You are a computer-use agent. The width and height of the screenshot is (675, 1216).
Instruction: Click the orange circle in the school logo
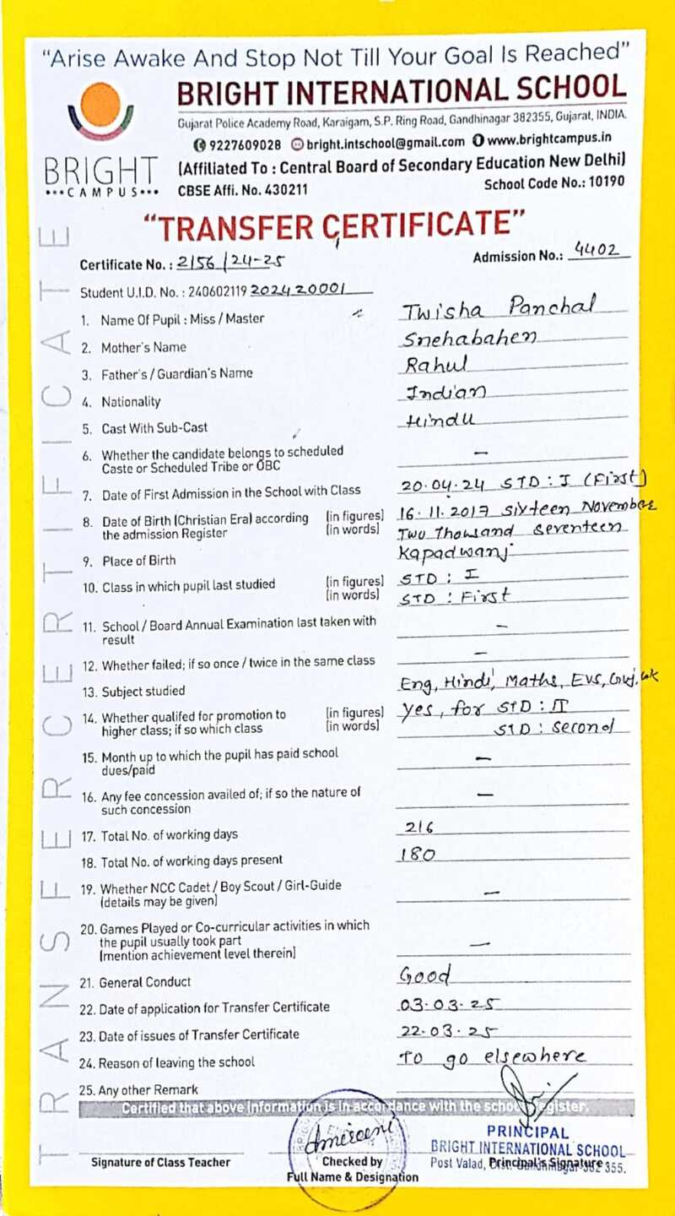[x=102, y=104]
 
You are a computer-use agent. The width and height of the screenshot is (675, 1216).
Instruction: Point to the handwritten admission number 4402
[x=596, y=250]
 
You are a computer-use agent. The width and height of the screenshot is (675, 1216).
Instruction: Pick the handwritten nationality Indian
[x=445, y=393]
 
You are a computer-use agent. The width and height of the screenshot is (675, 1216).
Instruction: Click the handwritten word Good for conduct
[x=425, y=975]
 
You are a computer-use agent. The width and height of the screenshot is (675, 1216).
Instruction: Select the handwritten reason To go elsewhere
[x=490, y=1057]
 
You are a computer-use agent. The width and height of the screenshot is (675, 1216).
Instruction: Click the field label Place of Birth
[x=138, y=561]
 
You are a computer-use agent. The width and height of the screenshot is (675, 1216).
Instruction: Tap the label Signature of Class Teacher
[x=160, y=1162]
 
